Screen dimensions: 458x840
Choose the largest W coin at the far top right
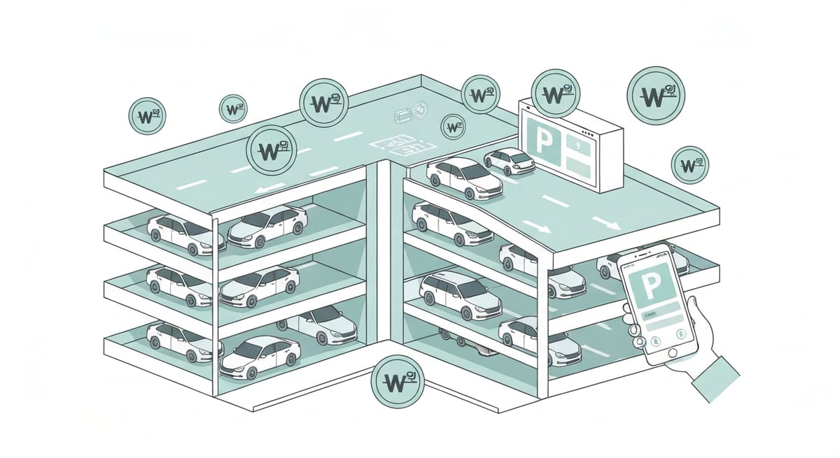[x=656, y=95]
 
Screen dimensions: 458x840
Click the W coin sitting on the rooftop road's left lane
[x=271, y=150]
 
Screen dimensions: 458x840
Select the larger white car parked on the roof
[x=465, y=176]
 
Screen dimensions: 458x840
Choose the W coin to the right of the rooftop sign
[x=690, y=165]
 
